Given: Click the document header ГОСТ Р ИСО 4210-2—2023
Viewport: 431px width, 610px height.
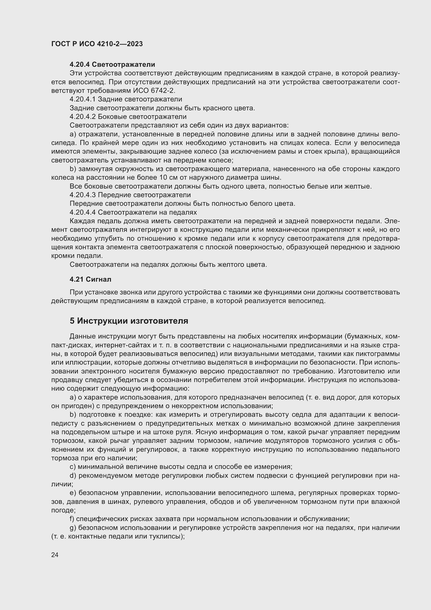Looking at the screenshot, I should click(97, 44).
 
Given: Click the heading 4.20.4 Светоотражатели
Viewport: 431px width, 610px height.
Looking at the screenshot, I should click(112, 65).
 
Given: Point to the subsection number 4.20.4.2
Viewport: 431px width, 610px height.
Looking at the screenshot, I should click(83, 117).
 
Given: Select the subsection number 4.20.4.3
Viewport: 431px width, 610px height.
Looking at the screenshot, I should click(83, 195).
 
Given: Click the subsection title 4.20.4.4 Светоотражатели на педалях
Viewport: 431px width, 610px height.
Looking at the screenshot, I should click(133, 212).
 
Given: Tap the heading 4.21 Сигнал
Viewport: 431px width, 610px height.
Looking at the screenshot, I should click(90, 279).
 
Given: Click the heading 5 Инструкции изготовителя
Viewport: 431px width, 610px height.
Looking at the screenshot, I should click(129, 321).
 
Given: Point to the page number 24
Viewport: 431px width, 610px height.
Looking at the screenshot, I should click(55, 555).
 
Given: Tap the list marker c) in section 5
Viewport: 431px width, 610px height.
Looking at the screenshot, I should click(72, 467).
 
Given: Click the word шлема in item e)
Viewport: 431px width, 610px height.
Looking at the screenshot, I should click(284, 493).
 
